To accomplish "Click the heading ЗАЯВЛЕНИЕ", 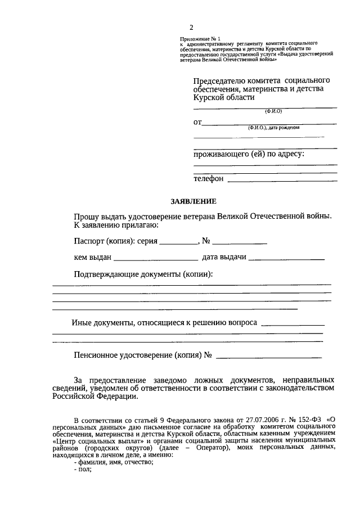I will [x=193, y=201].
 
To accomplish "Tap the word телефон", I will [x=209, y=179].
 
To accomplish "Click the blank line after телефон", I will [x=282, y=180].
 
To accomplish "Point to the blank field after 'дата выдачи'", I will [x=286, y=259].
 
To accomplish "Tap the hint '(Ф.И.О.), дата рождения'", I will [x=273, y=128].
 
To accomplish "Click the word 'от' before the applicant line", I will [x=197, y=121].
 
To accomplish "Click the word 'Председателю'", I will [x=219, y=80].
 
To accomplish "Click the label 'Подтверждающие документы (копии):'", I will [x=143, y=274].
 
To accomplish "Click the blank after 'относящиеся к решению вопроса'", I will [x=293, y=324].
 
